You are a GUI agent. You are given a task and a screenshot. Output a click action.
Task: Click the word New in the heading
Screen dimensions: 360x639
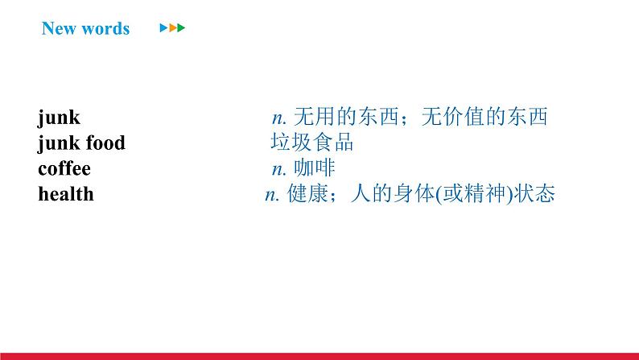point(58,29)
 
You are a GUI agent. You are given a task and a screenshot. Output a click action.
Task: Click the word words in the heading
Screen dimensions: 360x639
point(104,29)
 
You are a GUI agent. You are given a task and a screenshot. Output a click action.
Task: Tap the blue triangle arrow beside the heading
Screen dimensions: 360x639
point(163,28)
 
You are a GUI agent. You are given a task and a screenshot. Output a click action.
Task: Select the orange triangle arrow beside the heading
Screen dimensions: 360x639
point(172,28)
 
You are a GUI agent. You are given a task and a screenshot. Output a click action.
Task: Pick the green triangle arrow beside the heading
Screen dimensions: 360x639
point(181,28)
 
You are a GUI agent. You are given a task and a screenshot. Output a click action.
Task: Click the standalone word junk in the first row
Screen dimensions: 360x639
point(59,118)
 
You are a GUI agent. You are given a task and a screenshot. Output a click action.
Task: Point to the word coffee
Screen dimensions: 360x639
point(64,169)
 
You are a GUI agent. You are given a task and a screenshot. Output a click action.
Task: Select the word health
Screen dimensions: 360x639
point(65,194)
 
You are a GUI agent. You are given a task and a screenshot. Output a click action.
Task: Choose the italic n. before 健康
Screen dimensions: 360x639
point(272,195)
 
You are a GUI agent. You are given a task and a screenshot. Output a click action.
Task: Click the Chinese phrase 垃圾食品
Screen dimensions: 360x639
point(311,143)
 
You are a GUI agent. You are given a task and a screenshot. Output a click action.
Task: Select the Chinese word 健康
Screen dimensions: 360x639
point(306,195)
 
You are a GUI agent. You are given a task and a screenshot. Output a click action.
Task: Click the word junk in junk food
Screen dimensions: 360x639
point(59,143)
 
